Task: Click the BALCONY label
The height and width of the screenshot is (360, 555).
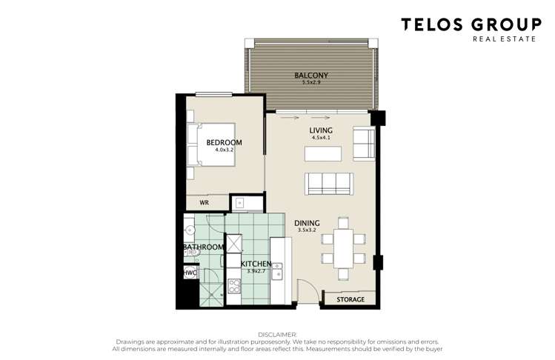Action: pyautogui.click(x=311, y=76)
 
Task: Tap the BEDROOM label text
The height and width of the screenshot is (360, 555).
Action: pyautogui.click(x=224, y=142)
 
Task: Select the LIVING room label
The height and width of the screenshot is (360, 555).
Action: pyautogui.click(x=321, y=130)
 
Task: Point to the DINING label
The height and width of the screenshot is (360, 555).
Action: pyautogui.click(x=308, y=222)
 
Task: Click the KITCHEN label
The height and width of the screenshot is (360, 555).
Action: pyautogui.click(x=256, y=264)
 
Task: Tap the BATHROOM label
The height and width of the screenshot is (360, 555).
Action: pyautogui.click(x=203, y=247)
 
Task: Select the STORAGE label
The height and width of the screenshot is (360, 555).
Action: pyautogui.click(x=350, y=300)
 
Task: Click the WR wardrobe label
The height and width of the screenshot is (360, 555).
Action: pyautogui.click(x=203, y=200)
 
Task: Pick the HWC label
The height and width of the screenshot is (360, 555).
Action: pyautogui.click(x=190, y=273)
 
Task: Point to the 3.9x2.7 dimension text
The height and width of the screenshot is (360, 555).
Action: pyautogui.click(x=256, y=271)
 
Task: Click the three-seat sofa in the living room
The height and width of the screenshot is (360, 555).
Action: pyautogui.click(x=328, y=181)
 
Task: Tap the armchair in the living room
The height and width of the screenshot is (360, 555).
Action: pyautogui.click(x=364, y=144)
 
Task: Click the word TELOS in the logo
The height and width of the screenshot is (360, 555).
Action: pyautogui.click(x=431, y=24)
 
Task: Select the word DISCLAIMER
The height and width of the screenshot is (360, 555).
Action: pyautogui.click(x=277, y=335)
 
